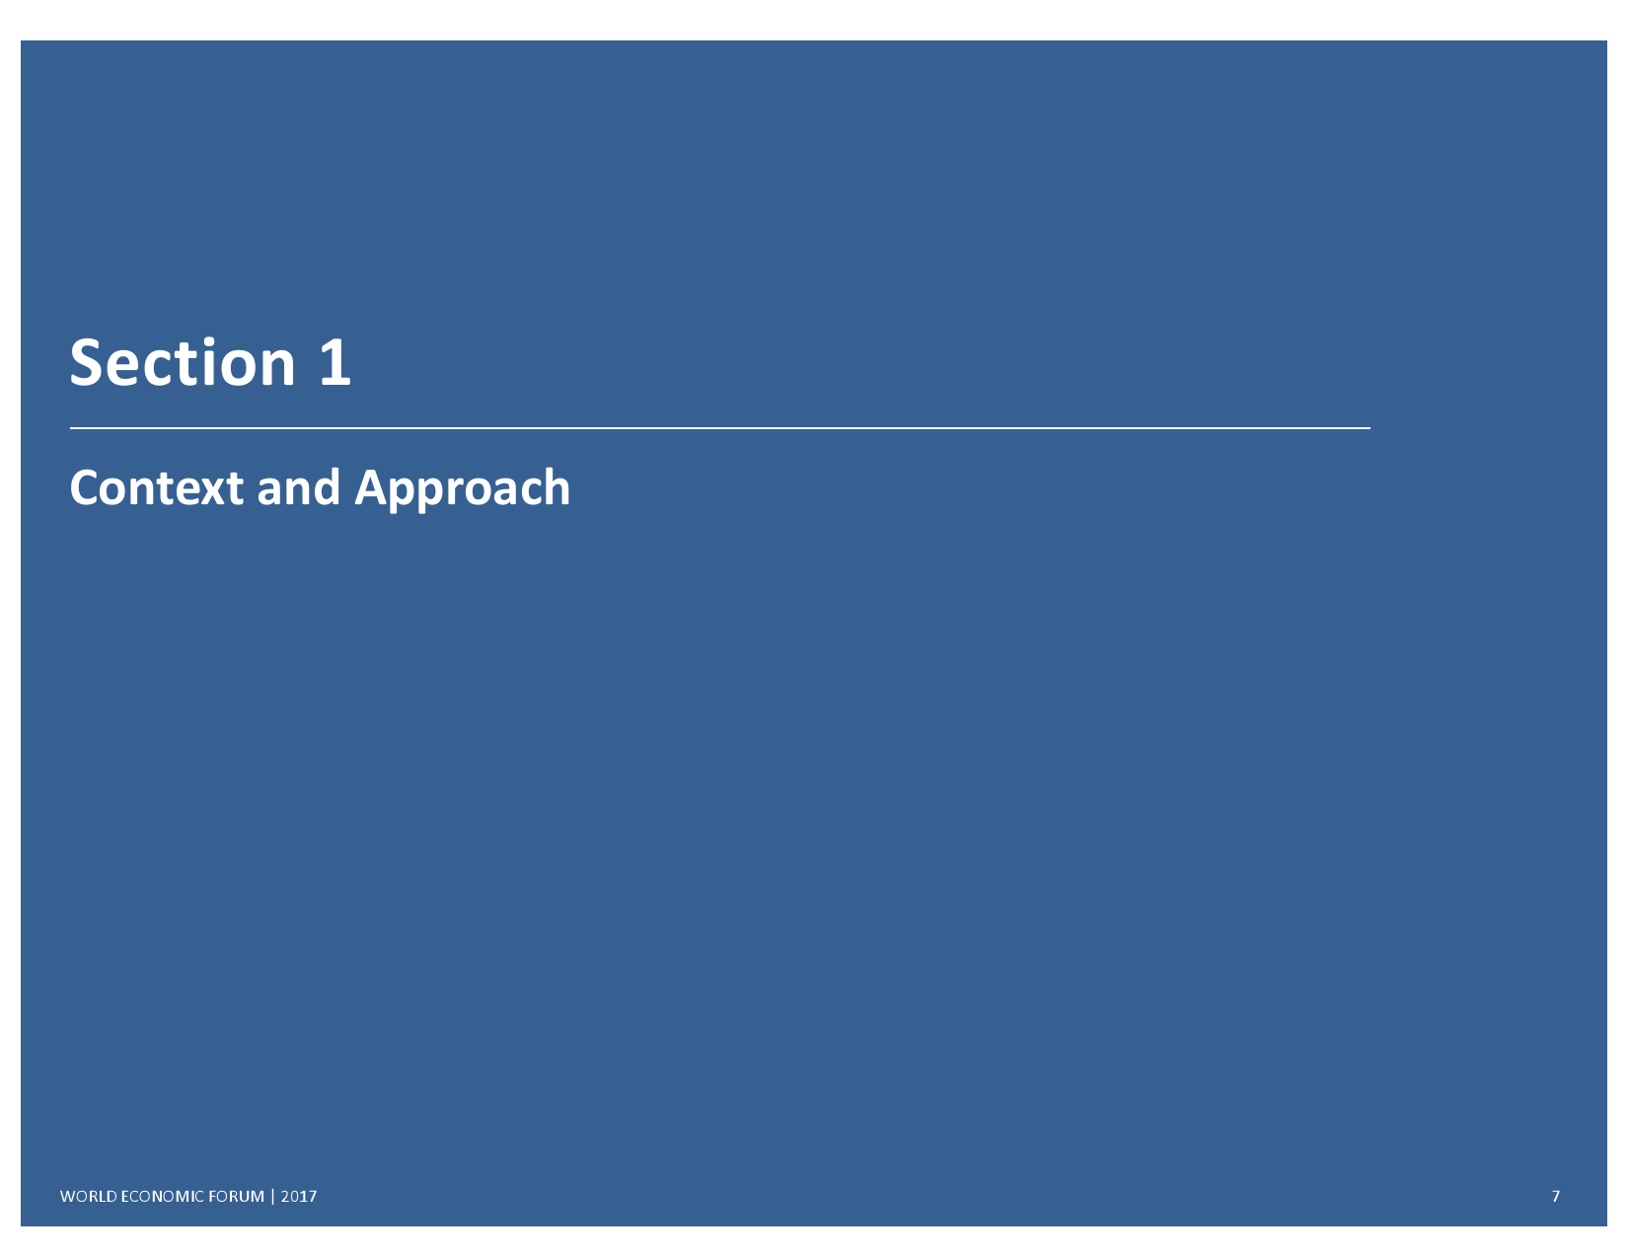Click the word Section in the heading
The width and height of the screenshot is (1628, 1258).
183,363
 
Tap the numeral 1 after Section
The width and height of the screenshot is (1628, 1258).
334,363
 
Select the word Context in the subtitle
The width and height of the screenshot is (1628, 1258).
157,487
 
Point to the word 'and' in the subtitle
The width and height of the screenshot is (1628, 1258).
299,487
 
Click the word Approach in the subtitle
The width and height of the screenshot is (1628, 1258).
462,490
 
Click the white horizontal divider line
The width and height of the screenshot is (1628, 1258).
720,428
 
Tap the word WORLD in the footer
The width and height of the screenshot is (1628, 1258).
88,1197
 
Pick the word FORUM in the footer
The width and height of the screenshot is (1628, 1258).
236,1197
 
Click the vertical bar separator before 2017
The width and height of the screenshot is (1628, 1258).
272,1197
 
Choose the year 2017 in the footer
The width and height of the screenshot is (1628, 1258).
299,1197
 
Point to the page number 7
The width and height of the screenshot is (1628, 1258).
1556,1197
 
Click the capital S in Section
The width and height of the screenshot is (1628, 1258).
85,363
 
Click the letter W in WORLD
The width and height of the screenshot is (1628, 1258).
68,1197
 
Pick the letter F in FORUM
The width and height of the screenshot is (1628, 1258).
213,1197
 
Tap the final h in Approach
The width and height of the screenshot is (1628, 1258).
557,487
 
